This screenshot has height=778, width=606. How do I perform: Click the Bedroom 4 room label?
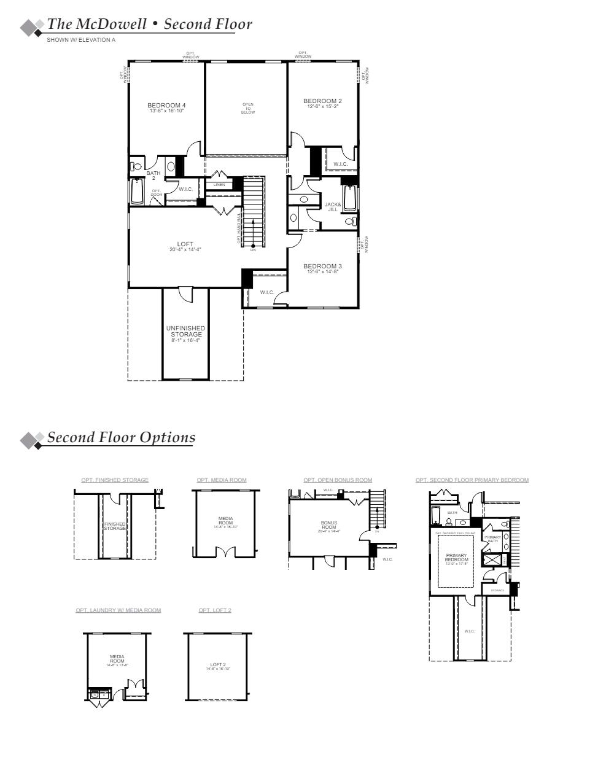point(166,106)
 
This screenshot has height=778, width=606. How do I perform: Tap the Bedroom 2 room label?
point(322,101)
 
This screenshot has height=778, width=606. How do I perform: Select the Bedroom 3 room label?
point(322,266)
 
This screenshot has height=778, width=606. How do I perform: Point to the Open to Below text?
point(247,109)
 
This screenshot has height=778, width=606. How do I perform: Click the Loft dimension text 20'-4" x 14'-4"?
point(185,250)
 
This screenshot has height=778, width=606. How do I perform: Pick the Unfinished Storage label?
point(185,332)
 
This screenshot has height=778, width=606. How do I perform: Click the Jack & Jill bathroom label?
point(332,207)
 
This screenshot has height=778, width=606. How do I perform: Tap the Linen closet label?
point(219,185)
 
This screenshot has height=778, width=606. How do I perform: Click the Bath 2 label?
point(153,176)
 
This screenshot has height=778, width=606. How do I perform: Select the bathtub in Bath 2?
point(137,192)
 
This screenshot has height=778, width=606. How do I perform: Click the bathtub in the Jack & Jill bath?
point(350,198)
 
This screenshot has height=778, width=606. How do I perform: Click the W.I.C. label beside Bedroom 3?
point(266,292)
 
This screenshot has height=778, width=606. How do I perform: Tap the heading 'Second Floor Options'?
point(121,438)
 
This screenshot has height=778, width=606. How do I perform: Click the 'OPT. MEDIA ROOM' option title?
point(222,480)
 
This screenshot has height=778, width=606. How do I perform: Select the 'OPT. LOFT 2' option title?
point(215,610)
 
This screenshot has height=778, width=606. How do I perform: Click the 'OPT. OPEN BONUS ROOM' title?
point(338,480)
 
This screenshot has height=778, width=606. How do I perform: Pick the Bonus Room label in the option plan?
point(328,526)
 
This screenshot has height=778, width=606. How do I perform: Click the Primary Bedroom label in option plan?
point(456,558)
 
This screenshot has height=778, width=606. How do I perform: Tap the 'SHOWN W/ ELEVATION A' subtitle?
point(81,40)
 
